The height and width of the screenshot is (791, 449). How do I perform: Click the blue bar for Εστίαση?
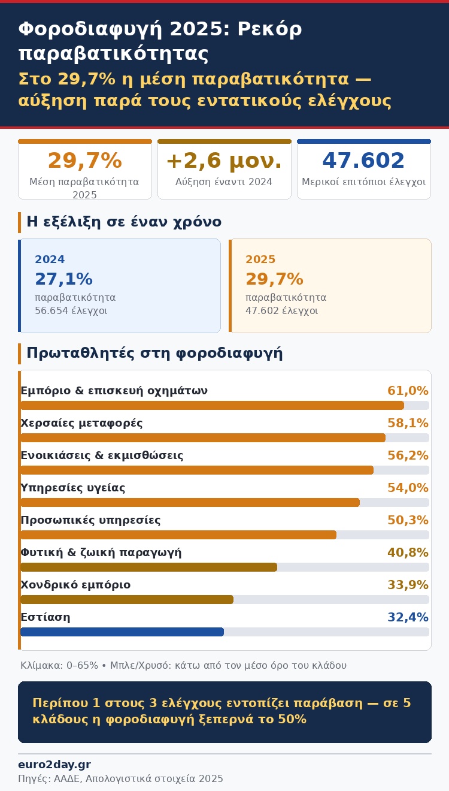click(122, 632)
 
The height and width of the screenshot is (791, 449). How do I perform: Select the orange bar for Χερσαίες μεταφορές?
click(203, 437)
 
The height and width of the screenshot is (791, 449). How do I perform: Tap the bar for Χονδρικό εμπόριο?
click(127, 599)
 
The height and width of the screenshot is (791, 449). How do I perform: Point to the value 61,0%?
click(408, 391)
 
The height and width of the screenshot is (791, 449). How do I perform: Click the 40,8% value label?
click(408, 553)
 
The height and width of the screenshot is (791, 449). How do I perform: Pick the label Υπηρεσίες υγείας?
click(73, 488)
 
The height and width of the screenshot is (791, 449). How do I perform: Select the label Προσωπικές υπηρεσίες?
click(90, 520)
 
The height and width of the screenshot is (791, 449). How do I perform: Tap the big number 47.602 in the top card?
click(363, 161)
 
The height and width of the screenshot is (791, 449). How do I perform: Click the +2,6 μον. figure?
click(224, 161)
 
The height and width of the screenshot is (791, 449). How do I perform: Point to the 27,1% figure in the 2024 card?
click(63, 279)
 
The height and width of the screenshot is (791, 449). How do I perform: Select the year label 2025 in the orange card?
click(260, 259)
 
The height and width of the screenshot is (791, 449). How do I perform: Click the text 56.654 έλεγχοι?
click(71, 311)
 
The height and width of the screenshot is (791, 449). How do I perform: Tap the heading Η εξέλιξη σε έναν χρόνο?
click(124, 222)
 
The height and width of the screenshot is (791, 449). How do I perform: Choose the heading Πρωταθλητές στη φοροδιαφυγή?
click(154, 353)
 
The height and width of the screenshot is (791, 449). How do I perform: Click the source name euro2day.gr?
click(54, 765)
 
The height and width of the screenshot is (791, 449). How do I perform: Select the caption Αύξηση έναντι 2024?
click(224, 182)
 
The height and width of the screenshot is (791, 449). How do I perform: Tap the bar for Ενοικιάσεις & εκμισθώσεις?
click(197, 470)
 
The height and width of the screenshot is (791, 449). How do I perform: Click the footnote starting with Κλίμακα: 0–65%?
click(183, 665)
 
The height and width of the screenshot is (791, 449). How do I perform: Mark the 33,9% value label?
click(408, 585)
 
